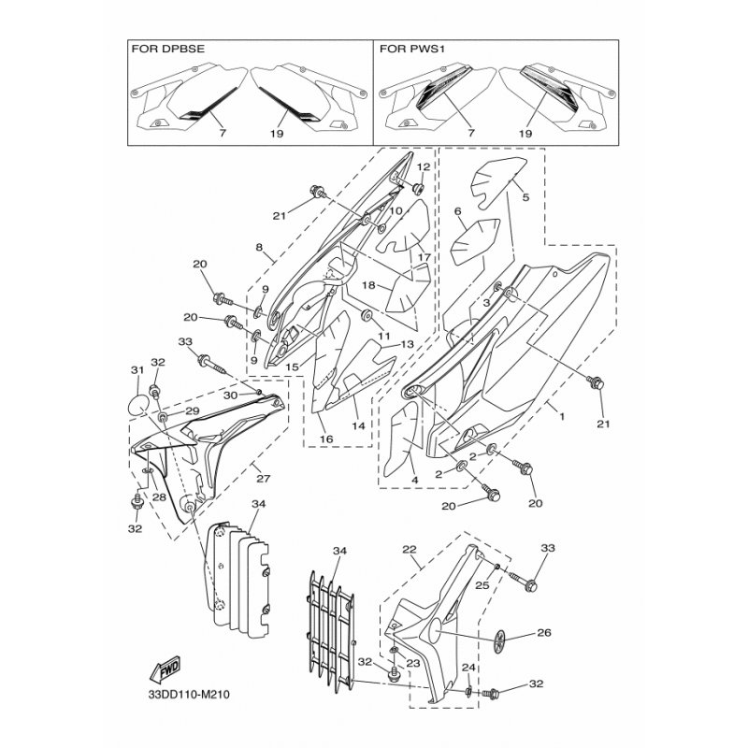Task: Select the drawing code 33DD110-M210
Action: pos(189,694)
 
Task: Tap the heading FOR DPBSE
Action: pos(168,49)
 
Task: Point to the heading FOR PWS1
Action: pos(411,49)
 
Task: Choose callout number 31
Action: pos(137,370)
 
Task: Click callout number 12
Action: pos(424,167)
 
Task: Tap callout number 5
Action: pos(525,197)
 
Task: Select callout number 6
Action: pos(458,211)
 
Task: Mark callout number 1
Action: pos(562,416)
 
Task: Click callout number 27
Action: pos(264,479)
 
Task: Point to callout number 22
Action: pos(410,550)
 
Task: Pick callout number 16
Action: pos(326,439)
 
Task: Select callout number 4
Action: pos(414,481)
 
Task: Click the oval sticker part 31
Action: pos(138,406)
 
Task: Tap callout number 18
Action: pos(368,285)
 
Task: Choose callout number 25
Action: pos(482,585)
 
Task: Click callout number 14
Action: pos(358,426)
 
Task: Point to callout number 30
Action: pos(230,396)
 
